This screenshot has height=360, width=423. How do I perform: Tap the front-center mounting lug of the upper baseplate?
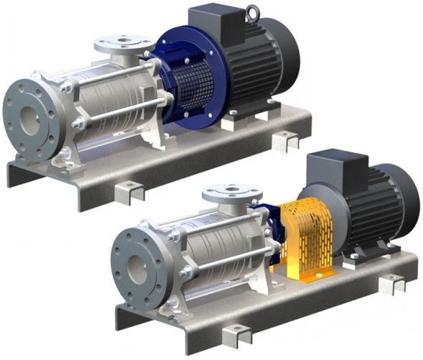[131, 191]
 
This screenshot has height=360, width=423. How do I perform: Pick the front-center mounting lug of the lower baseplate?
[238, 334]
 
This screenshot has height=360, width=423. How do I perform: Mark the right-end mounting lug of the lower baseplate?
[392, 283]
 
